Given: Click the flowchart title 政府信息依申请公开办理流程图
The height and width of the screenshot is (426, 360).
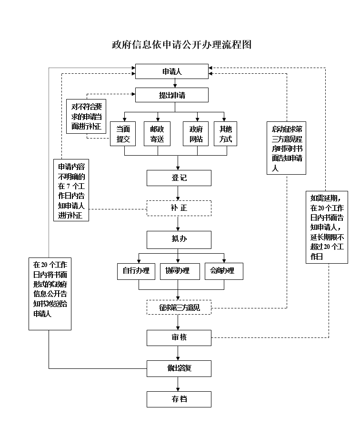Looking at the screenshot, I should (180, 45).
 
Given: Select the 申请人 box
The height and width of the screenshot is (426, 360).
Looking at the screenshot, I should (172, 72).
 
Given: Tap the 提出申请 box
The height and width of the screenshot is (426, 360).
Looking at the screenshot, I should (172, 95).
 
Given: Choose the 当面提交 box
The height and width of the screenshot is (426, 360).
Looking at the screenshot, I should (123, 134).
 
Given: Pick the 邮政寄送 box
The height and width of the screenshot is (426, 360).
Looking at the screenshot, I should (157, 134).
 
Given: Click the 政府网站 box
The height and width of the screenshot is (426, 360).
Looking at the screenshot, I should (196, 134).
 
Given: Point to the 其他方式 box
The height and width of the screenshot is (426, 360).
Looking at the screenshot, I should (225, 134).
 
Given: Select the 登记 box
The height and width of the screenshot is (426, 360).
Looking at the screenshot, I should (179, 178).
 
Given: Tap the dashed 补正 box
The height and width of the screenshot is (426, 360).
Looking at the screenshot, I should (179, 208).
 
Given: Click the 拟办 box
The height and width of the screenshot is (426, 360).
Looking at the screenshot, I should (179, 239).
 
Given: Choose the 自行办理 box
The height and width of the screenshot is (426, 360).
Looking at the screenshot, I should (136, 271).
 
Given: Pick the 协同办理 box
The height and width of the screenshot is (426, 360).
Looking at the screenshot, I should (177, 271).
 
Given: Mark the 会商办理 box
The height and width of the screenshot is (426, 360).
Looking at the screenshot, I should (223, 271).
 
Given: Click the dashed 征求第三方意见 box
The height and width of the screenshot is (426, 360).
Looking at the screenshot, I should (179, 307).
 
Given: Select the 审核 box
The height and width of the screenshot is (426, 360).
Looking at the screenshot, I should (179, 337).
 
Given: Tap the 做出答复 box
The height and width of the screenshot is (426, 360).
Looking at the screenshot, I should (179, 368).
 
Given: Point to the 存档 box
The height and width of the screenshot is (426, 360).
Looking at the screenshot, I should (179, 399).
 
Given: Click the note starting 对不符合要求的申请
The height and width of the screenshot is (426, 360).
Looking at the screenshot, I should (86, 116).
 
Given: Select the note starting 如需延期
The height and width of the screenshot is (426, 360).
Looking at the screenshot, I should (328, 227).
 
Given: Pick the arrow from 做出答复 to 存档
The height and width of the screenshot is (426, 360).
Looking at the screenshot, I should (179, 384).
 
